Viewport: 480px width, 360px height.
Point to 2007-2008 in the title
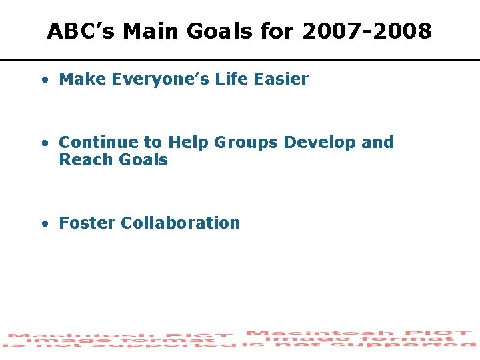coord(367,31)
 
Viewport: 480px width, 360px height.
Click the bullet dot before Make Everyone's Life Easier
coord(43,80)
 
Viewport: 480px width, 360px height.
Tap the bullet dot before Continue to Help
coord(43,143)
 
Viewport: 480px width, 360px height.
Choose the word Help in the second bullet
coord(189,143)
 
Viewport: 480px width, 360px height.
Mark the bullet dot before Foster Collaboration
coord(43,224)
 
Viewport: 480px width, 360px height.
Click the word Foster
coord(87,223)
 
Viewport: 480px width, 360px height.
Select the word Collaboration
coord(180,223)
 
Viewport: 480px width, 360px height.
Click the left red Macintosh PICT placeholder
coord(120,340)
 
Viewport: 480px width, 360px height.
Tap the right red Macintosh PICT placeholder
coord(360,338)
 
